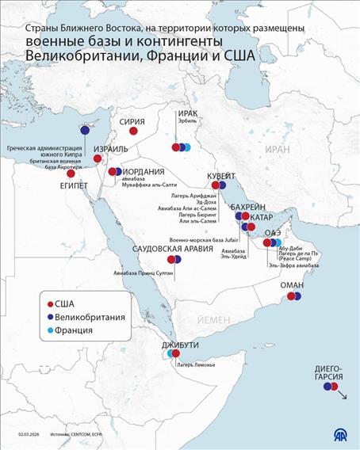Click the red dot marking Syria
point(134,132)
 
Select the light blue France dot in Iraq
point(188,147)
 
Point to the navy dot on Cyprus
point(84,132)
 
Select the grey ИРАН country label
point(278,149)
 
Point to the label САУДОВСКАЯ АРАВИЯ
point(174,249)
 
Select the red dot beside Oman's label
point(291,297)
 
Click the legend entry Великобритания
point(90,317)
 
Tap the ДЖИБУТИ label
point(179,345)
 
